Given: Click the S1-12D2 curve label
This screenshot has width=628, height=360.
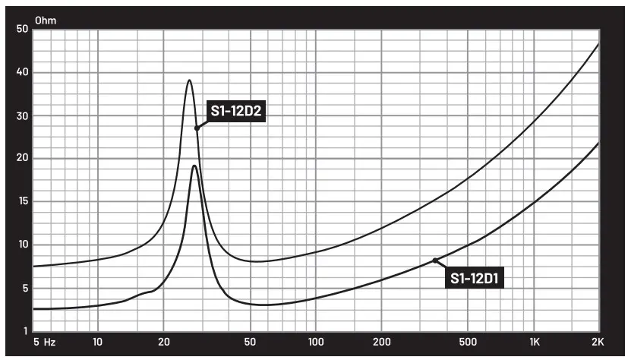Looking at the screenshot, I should (235, 112).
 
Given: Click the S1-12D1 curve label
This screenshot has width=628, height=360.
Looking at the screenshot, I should (477, 279).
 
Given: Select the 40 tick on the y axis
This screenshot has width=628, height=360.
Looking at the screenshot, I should (22, 73).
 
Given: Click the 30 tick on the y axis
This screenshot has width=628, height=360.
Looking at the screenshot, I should (22, 116).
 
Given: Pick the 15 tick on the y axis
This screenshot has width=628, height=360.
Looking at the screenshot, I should (22, 202).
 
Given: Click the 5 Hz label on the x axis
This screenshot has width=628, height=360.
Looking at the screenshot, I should (44, 343).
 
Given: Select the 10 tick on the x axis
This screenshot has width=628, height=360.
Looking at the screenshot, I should (97, 343).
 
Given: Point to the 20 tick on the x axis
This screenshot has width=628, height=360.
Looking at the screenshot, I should (163, 343).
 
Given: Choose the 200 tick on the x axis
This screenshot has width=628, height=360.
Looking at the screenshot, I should (381, 343).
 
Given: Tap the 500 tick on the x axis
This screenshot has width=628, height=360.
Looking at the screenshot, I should (469, 343).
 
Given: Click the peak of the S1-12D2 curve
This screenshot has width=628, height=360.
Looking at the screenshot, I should (189, 81).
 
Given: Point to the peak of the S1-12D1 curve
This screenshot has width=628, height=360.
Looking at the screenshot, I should (194, 166).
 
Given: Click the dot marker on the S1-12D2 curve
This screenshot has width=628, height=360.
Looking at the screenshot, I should (197, 128).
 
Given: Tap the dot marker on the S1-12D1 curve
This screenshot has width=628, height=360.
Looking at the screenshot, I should (435, 261).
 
